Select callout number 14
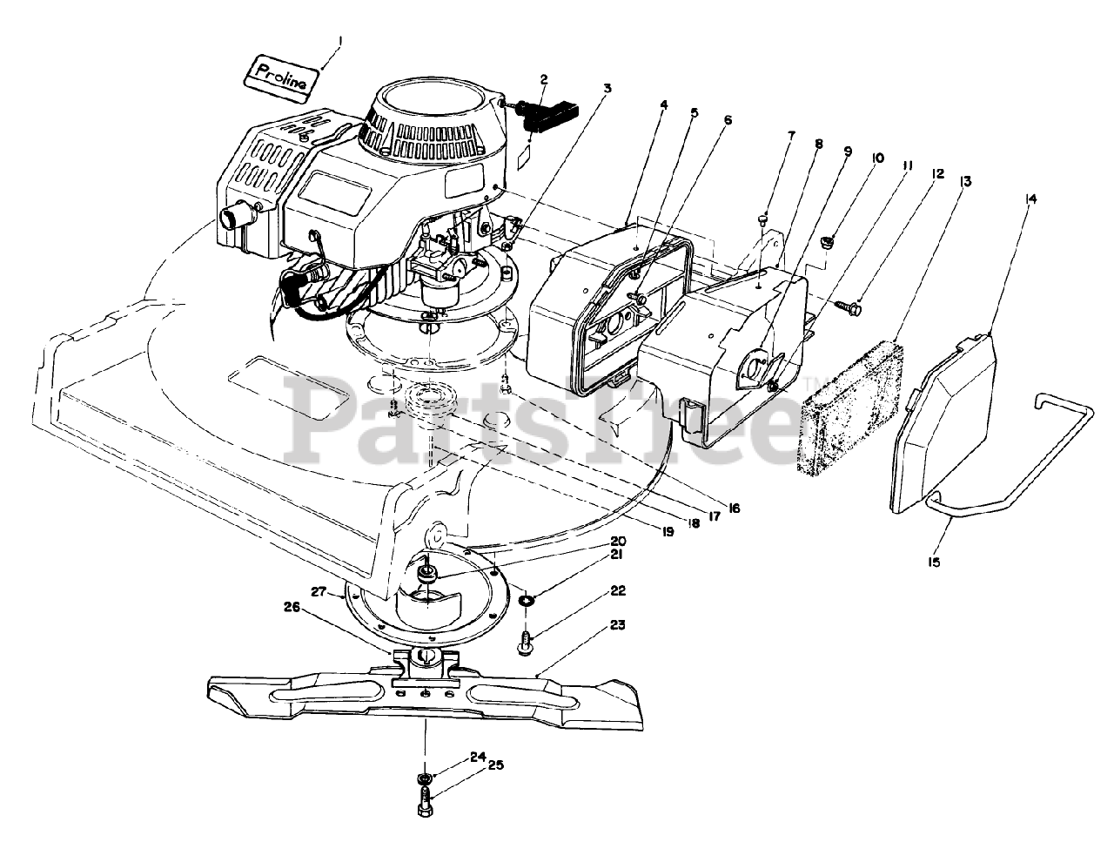(x=1031, y=199)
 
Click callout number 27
(x=319, y=592)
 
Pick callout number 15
(x=934, y=562)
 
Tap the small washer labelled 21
(x=527, y=601)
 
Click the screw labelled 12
(x=849, y=306)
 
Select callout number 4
(x=663, y=105)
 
